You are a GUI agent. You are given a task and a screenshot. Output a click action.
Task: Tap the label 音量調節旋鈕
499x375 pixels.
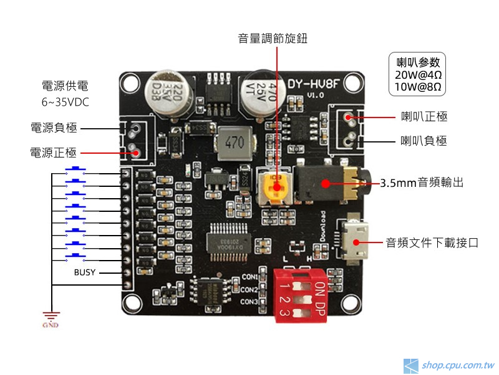(273, 39)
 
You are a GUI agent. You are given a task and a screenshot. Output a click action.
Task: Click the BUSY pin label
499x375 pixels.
(85, 272)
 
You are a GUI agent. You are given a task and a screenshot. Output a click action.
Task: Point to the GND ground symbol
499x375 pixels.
(51, 317)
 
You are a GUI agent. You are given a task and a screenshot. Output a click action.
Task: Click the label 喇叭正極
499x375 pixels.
(424, 117)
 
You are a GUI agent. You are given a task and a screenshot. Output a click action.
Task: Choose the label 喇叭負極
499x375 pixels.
(424, 141)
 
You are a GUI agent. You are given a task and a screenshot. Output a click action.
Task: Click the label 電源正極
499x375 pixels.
(54, 152)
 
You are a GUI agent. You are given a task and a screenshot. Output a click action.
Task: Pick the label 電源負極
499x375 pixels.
(54, 128)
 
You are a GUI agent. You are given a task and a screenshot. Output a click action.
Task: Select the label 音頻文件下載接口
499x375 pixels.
(432, 242)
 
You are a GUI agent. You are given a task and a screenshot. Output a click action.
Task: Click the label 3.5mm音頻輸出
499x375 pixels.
(422, 183)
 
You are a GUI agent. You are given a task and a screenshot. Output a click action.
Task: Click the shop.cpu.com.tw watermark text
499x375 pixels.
(458, 365)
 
